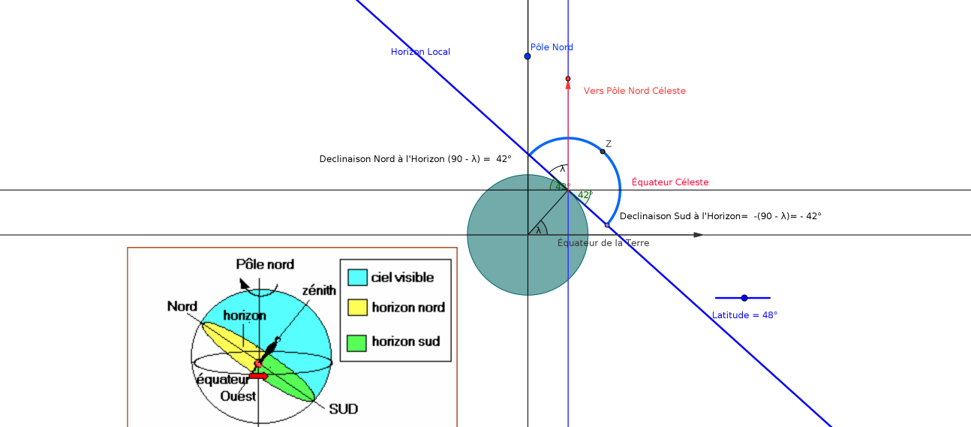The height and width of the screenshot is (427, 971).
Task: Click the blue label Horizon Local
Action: pos(420,52)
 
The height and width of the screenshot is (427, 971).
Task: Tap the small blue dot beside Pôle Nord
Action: pos(528,56)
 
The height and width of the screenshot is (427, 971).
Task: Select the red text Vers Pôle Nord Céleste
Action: pos(634,91)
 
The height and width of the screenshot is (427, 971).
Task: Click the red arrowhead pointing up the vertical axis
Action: pos(568,85)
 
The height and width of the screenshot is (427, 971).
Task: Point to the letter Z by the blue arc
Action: pos(609,143)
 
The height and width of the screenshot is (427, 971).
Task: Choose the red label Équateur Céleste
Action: pos(670,182)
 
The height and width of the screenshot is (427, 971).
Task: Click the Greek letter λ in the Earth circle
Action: pos(538,230)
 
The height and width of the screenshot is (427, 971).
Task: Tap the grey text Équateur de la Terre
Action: pos(603,243)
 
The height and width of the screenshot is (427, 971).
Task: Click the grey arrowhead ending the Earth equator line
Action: pos(699,235)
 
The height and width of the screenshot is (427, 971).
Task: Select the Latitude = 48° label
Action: pos(744,315)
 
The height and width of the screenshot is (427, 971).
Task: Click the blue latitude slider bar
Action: pos(742,298)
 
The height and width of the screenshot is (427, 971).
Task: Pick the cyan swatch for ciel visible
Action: pos(358,278)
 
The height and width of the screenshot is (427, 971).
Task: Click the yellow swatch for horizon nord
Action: pos(358,308)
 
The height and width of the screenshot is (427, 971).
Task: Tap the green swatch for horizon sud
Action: pos(358,342)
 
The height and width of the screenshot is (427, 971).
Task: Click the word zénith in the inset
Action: pos(319,290)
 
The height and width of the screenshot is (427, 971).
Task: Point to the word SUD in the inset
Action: pos(343,409)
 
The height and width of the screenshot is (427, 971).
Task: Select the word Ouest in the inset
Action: pos(238,395)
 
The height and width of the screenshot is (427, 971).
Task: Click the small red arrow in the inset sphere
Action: pos(258,375)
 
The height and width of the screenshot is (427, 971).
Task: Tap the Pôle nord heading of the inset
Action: pos(265,264)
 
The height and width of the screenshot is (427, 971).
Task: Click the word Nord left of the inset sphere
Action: pos(182,306)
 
